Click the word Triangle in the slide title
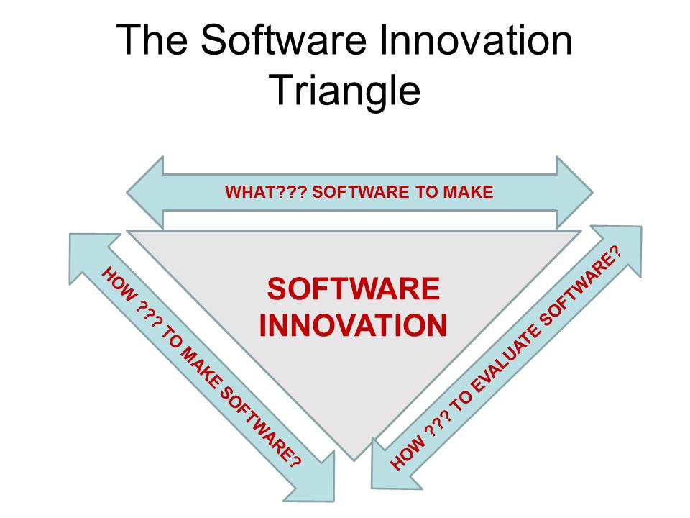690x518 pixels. [x=344, y=90]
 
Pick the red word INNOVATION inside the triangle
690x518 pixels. [x=353, y=325]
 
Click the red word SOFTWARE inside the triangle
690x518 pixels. [x=353, y=289]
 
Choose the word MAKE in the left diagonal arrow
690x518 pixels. [x=198, y=367]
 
